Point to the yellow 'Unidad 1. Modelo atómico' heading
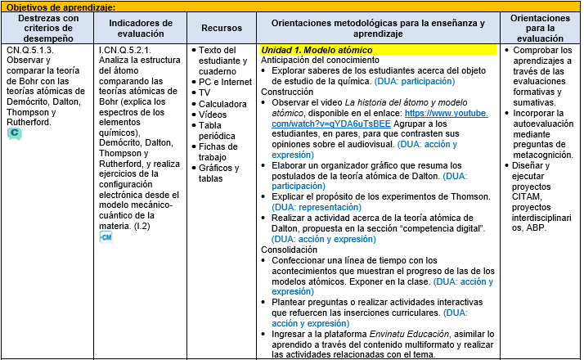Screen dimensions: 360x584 pos(316,50)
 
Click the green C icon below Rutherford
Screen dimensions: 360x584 pos(14,134)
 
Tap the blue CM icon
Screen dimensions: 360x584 pos(106,236)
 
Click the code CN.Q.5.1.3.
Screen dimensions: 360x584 pos(30,50)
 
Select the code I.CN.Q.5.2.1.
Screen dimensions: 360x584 pos(126,50)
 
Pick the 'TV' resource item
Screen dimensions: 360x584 pos(204,93)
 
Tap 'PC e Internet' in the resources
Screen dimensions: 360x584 pos(226,82)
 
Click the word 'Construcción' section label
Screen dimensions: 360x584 pos(286,92)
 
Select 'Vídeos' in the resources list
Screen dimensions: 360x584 pos(213,115)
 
